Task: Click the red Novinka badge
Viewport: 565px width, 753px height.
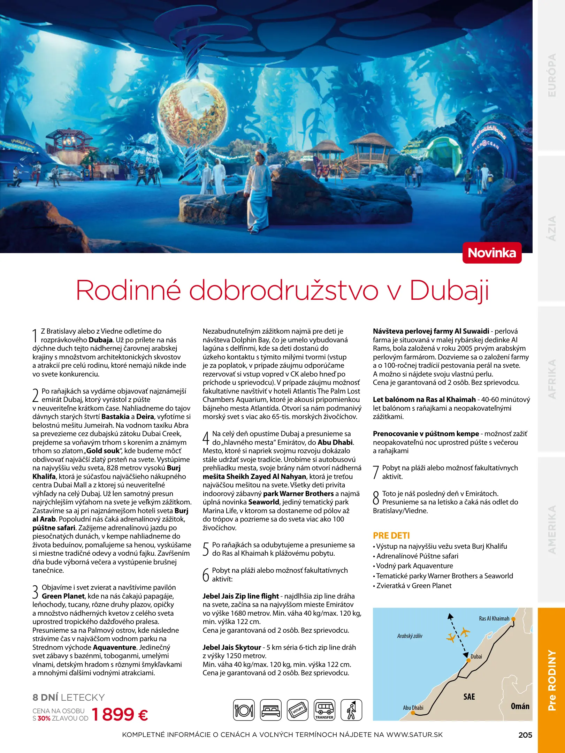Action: tap(492, 253)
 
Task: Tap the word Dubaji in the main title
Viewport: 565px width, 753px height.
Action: tap(449, 290)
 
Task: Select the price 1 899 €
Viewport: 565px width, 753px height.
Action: tap(120, 714)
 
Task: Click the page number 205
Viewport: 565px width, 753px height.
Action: tap(525, 735)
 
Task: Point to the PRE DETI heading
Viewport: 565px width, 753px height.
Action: tap(391, 535)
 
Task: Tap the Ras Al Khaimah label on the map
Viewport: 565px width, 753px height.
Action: tap(494, 618)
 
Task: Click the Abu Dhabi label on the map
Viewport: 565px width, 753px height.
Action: tap(413, 708)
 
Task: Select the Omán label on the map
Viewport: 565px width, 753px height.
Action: tap(520, 706)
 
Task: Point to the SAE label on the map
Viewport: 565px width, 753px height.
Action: tap(469, 697)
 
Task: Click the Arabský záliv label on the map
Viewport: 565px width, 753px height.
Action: tap(410, 636)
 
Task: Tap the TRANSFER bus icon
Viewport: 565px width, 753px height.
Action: tap(324, 710)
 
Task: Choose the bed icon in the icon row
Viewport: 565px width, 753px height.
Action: tap(270, 710)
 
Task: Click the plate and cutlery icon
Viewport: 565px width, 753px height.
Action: tap(244, 710)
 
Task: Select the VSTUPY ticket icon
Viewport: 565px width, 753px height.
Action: tap(297, 710)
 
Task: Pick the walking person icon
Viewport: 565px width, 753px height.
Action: tap(351, 710)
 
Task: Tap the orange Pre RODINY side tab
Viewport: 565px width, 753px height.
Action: tap(551, 680)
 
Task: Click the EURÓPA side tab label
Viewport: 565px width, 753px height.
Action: tap(552, 75)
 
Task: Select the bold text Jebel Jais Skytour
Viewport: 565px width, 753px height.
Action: tap(232, 647)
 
